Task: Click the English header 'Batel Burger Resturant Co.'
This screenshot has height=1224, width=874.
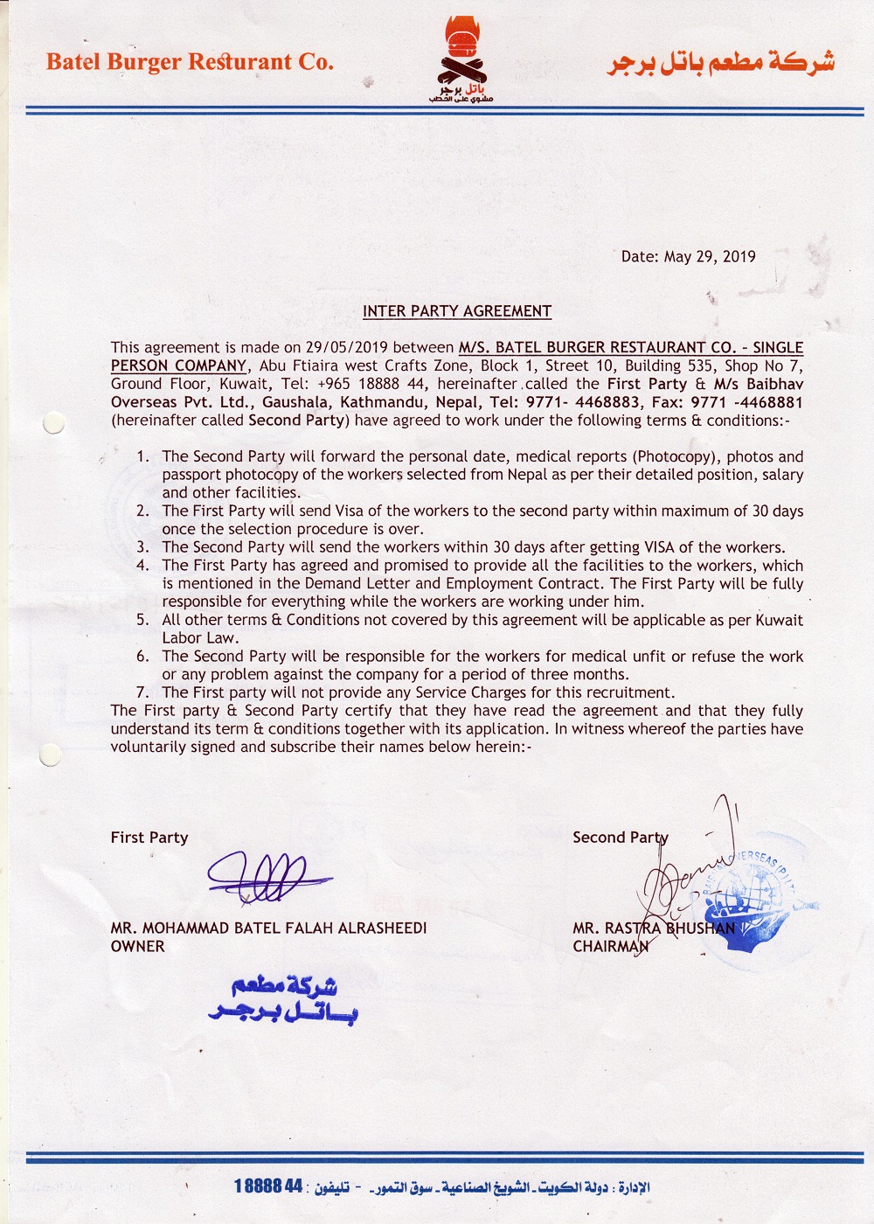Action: pos(190,62)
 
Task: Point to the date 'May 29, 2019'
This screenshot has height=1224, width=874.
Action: pos(710,257)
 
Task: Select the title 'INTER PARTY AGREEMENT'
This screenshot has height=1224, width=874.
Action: pos(457,311)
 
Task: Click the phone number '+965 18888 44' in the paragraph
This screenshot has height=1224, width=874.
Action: pos(372,384)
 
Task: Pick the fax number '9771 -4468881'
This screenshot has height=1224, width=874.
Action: pos(747,402)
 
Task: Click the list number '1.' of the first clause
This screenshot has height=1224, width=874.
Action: pos(143,456)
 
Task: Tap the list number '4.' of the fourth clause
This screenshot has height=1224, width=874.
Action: pos(143,566)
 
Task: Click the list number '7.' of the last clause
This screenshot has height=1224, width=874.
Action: pos(143,692)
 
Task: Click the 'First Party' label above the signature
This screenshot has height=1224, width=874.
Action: pos(149,838)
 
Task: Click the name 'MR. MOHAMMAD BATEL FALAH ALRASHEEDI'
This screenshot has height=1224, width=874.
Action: pos(268,928)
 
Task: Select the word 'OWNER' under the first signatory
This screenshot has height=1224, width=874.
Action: pos(137,947)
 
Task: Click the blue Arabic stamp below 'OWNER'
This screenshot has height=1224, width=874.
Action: pos(283,998)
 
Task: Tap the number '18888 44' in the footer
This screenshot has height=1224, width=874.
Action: pos(268,1186)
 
